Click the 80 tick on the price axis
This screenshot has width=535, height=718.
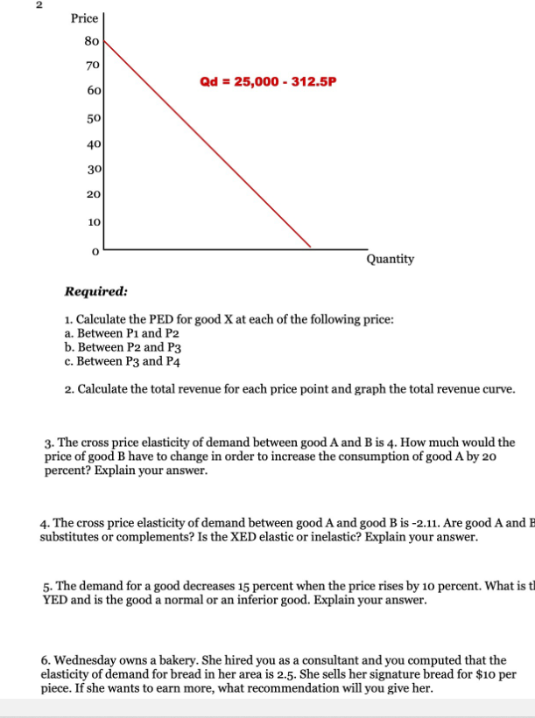point(91,40)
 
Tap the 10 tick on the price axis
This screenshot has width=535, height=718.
point(92,221)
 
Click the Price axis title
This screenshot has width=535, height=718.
point(85,17)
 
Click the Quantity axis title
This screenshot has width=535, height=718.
point(391,259)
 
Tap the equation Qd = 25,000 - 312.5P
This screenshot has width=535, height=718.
point(268,82)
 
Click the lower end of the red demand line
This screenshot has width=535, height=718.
point(311,247)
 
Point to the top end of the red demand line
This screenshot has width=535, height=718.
point(106,39)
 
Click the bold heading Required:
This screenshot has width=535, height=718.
point(97,292)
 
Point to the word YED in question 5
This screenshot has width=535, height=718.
point(54,600)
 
